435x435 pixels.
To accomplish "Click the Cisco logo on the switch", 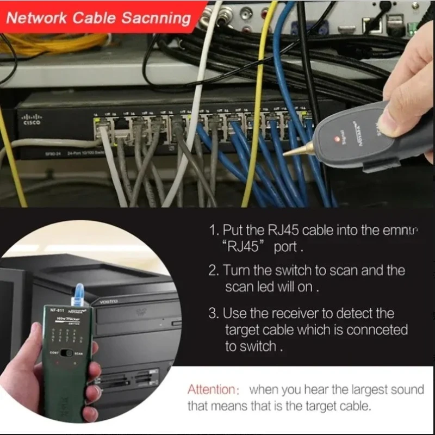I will pyautogui.click(x=30, y=119).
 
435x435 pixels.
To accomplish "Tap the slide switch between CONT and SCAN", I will pyautogui.click(x=67, y=352).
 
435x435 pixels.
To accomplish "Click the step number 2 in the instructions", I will pyautogui.click(x=213, y=270).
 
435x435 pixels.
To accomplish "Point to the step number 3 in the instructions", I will pyautogui.click(x=213, y=313).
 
